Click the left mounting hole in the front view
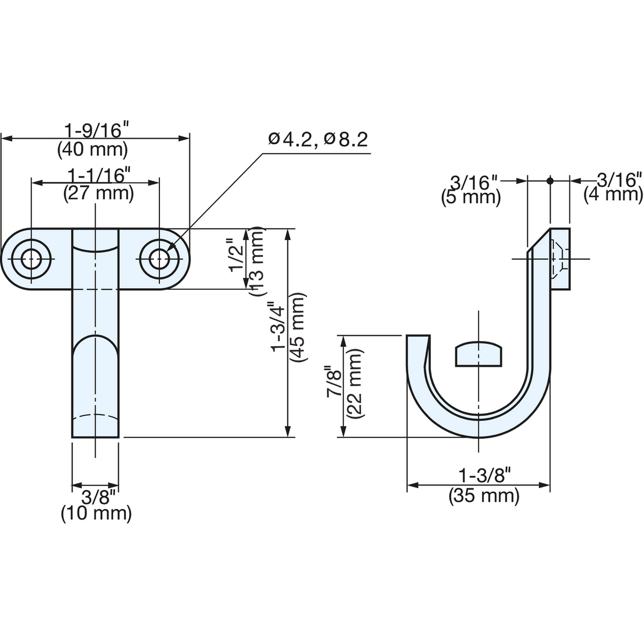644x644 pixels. (32, 259)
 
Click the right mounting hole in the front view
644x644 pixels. (159, 259)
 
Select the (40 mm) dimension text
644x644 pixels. (92, 150)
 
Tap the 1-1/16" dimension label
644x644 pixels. (99, 175)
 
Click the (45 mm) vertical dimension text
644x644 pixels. (298, 327)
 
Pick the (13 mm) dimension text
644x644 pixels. (257, 261)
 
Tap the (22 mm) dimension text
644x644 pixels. (355, 384)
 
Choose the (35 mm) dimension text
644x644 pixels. (484, 496)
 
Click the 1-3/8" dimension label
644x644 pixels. (485, 475)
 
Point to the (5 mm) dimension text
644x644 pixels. (471, 197)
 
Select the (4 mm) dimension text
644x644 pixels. (613, 194)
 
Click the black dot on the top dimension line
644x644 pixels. (550, 181)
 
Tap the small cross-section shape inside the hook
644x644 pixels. (479, 354)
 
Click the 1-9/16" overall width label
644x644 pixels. (97, 130)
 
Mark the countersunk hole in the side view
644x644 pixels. (559, 259)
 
